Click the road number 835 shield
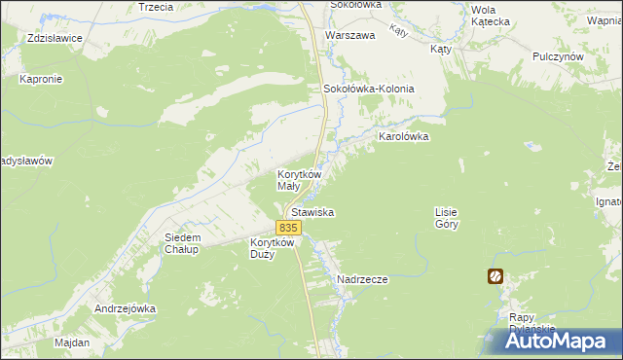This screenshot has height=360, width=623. (x=287, y=227)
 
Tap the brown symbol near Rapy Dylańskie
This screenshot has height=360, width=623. (x=495, y=276)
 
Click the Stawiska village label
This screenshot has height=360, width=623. (x=311, y=211)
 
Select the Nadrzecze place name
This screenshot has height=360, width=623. (x=362, y=279)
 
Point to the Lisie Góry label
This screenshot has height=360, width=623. (x=446, y=217)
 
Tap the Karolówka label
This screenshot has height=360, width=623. (x=397, y=137)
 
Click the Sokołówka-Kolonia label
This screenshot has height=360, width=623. (x=369, y=89)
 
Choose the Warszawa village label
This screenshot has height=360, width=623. (x=350, y=35)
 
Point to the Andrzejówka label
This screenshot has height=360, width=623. (x=126, y=308)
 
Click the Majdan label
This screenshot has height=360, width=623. (x=72, y=342)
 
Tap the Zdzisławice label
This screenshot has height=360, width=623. (x=55, y=38)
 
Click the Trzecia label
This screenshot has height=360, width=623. (x=156, y=6)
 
